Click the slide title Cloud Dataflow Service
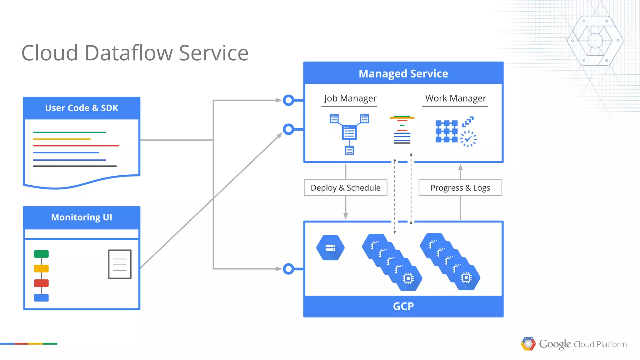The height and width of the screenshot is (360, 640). point(135,53)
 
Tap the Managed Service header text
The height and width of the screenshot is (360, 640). point(403,74)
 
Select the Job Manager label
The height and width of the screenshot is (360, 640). point(350,98)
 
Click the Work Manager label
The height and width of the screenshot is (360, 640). point(455,98)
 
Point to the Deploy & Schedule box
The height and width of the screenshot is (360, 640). point(345,187)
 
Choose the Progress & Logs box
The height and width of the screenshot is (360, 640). point(460,187)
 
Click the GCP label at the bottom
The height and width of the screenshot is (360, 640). point(403,306)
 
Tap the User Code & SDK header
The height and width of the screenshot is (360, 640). point(82,108)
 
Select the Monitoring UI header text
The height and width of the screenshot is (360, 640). point(82,217)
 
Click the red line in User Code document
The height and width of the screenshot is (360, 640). point(76,146)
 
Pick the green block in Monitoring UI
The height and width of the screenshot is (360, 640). point(41,254)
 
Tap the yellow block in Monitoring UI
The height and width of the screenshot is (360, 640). point(41,268)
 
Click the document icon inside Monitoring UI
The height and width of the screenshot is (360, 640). point(120,264)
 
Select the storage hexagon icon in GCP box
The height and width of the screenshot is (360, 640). point(330,248)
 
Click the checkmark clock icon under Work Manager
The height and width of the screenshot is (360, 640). point(468,139)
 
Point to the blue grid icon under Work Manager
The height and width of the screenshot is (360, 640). point(446,132)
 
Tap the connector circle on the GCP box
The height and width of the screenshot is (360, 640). point(288,269)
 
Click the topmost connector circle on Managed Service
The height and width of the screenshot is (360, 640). point(288,100)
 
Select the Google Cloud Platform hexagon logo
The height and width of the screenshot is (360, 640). point(528,344)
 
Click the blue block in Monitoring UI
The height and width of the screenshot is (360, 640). point(41,297)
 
